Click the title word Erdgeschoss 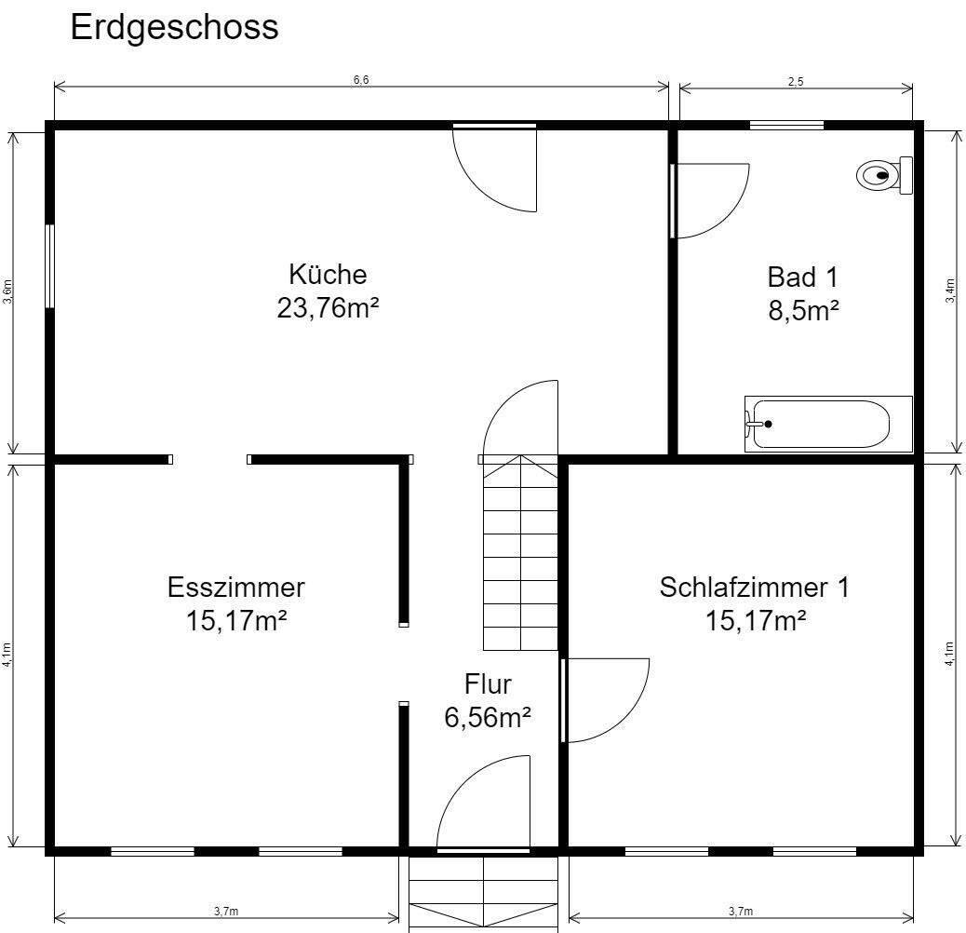174,27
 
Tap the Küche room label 328,275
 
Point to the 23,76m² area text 328,307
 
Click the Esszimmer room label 236,588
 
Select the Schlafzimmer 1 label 754,588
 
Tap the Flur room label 488,684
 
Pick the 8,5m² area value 803,310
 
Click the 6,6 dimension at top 361,80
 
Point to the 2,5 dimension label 796,81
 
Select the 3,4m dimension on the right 950,291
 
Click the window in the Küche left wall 50,265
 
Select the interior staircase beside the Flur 519,554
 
